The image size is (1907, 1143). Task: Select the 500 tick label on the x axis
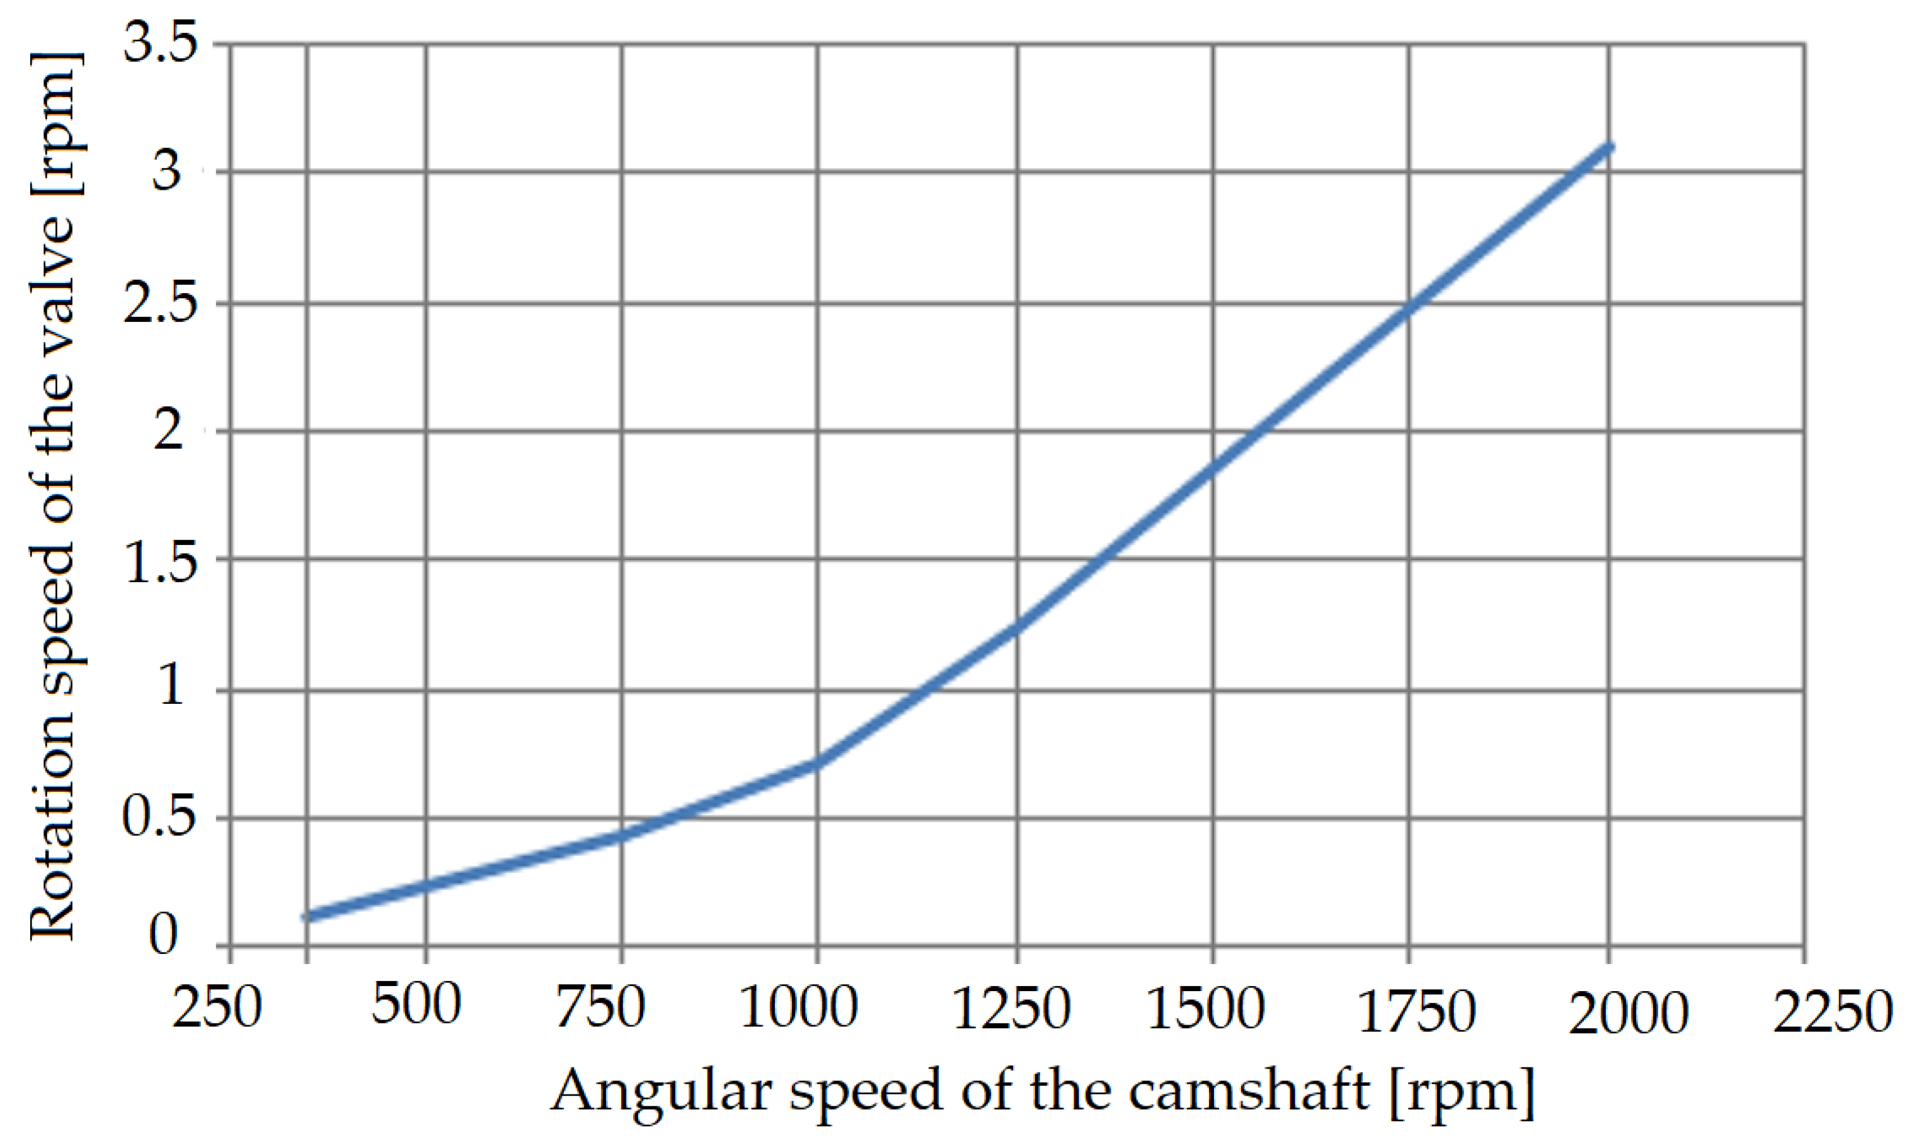click(416, 1004)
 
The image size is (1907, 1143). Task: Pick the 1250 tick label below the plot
click(1011, 1008)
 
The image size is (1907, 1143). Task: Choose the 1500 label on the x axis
click(1206, 1008)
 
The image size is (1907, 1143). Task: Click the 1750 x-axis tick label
click(1415, 1011)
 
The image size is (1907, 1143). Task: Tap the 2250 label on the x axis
click(1832, 1011)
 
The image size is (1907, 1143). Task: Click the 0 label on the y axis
click(163, 934)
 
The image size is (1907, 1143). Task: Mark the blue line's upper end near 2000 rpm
click(1608, 146)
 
